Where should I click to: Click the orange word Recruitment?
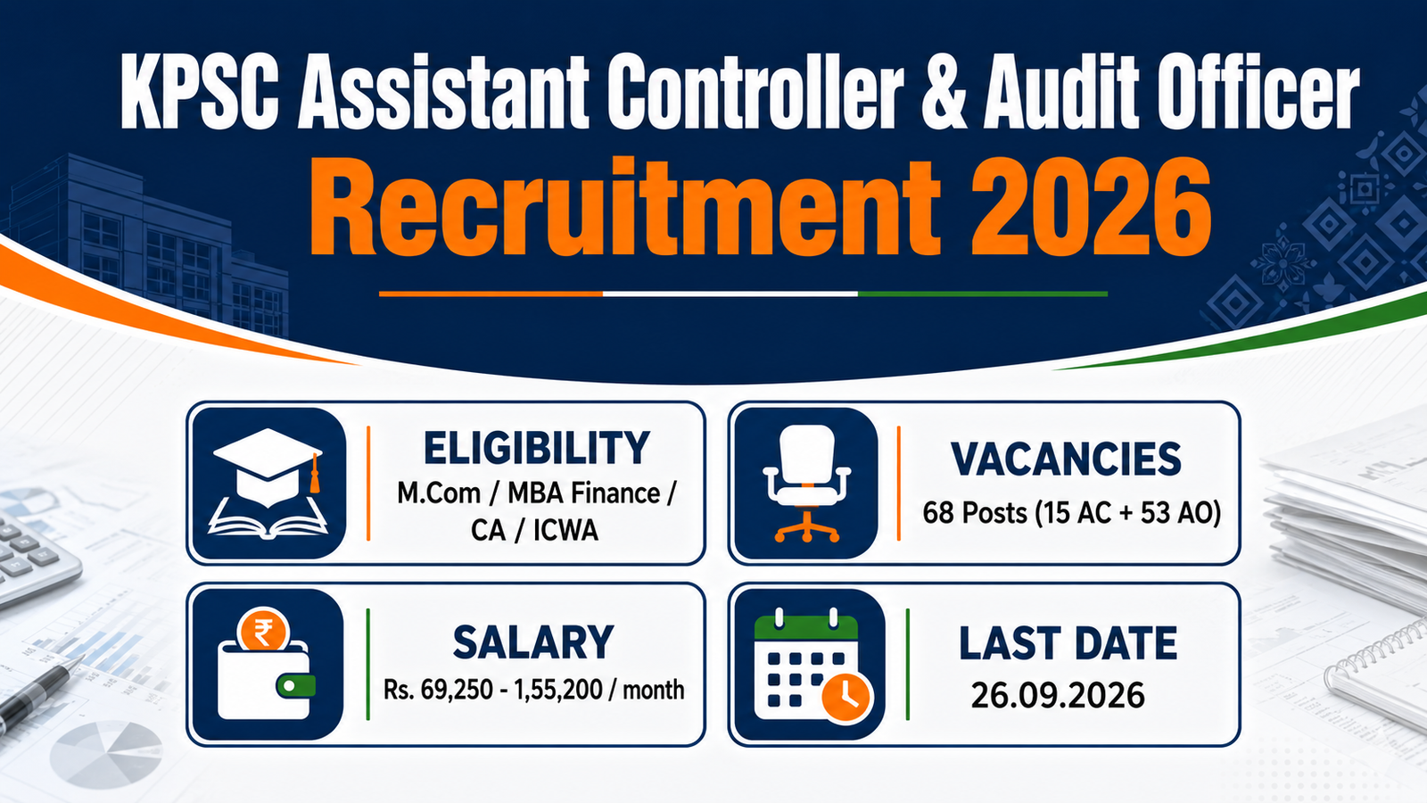click(x=625, y=206)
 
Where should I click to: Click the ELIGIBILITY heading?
click(x=536, y=448)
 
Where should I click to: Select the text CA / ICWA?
click(x=534, y=530)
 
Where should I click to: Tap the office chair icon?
click(x=806, y=483)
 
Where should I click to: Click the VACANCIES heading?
click(x=1066, y=459)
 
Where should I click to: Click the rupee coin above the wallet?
click(x=263, y=630)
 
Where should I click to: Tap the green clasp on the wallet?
click(x=295, y=686)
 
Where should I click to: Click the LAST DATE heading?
click(x=1068, y=643)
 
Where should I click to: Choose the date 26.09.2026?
click(x=1058, y=695)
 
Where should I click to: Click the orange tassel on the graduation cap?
click(x=314, y=475)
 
